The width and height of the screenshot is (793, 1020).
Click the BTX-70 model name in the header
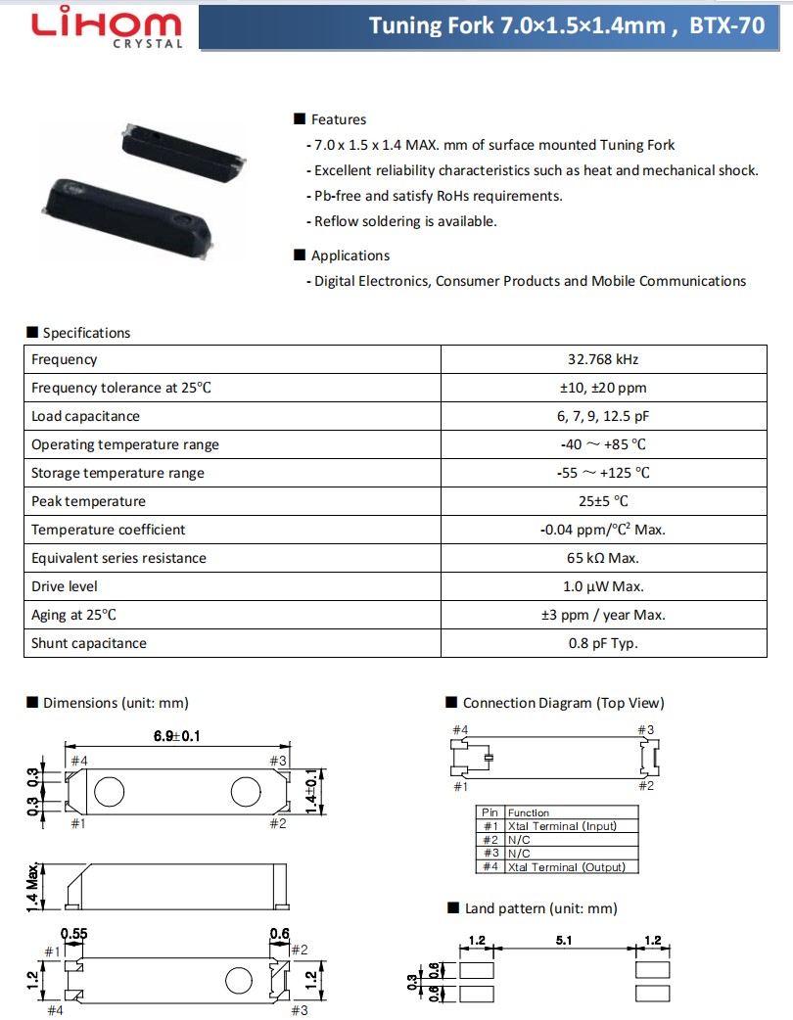point(727,25)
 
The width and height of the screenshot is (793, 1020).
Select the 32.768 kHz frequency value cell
point(603,359)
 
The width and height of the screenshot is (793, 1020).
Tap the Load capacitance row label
point(86,416)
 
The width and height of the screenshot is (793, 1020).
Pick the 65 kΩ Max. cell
point(603,558)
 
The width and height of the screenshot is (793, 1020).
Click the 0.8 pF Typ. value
point(603,643)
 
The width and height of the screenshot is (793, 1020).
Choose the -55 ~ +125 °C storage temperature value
point(603,473)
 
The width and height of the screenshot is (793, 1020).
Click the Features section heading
point(338,119)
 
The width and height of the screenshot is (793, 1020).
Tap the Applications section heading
point(350,255)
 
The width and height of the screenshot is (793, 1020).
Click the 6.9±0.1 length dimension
point(176,737)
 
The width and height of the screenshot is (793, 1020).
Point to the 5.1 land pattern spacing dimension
point(564,941)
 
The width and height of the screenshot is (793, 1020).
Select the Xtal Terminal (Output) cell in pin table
point(567,867)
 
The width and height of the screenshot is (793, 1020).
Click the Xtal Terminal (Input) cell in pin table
point(562,826)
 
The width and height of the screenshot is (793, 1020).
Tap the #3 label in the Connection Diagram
point(646,730)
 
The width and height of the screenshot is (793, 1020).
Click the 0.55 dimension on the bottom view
point(74,934)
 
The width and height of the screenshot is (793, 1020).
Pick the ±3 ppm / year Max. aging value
point(603,615)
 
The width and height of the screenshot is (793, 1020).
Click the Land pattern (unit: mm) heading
point(540,908)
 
